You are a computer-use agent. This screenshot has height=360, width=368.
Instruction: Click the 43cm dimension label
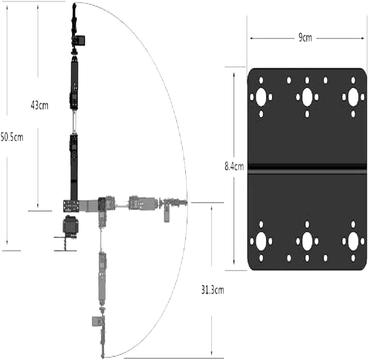[x=40, y=106]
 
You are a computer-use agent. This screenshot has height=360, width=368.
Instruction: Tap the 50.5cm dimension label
[x=12, y=137]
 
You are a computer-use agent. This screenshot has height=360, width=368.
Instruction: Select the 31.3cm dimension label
[x=213, y=290]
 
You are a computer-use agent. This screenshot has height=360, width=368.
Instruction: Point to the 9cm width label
[x=305, y=38]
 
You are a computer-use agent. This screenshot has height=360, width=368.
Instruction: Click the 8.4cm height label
[x=234, y=167]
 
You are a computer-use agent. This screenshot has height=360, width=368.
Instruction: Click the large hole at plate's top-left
[x=261, y=97]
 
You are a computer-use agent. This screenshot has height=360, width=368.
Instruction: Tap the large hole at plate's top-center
[x=307, y=97]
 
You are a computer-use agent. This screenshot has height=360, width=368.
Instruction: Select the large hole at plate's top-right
[x=353, y=97]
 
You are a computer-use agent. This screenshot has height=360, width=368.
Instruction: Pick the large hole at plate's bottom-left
[x=261, y=241]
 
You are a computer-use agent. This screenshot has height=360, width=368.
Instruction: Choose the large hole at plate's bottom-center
[x=307, y=241]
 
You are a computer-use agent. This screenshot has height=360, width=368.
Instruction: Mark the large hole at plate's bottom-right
[x=353, y=241]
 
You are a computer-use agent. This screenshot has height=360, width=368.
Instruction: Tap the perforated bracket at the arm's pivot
[x=71, y=206]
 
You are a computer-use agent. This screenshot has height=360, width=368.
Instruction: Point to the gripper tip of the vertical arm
[x=75, y=4]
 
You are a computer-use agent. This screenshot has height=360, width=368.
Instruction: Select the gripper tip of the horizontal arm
[x=186, y=202]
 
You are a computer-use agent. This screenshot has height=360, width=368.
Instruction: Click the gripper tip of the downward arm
[x=102, y=357]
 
